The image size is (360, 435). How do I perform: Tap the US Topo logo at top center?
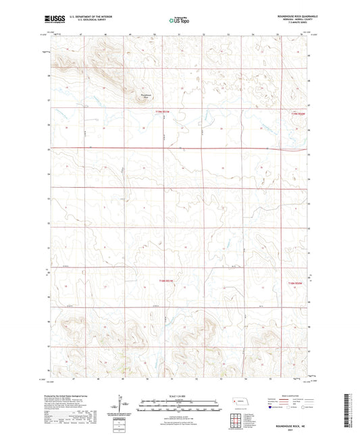pyautogui.click(x=179, y=21)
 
